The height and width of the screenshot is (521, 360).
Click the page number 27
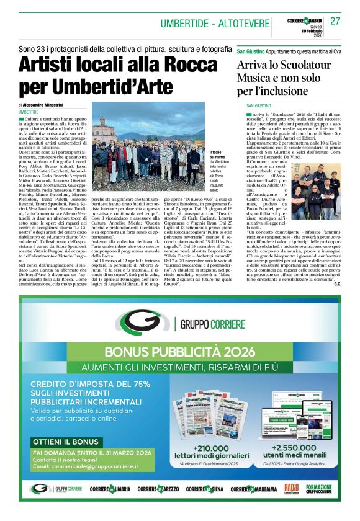[335, 20]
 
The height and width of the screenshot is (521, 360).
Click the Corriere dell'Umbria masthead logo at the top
[305, 20]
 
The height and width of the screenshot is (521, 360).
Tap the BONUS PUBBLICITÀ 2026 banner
[180, 352]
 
